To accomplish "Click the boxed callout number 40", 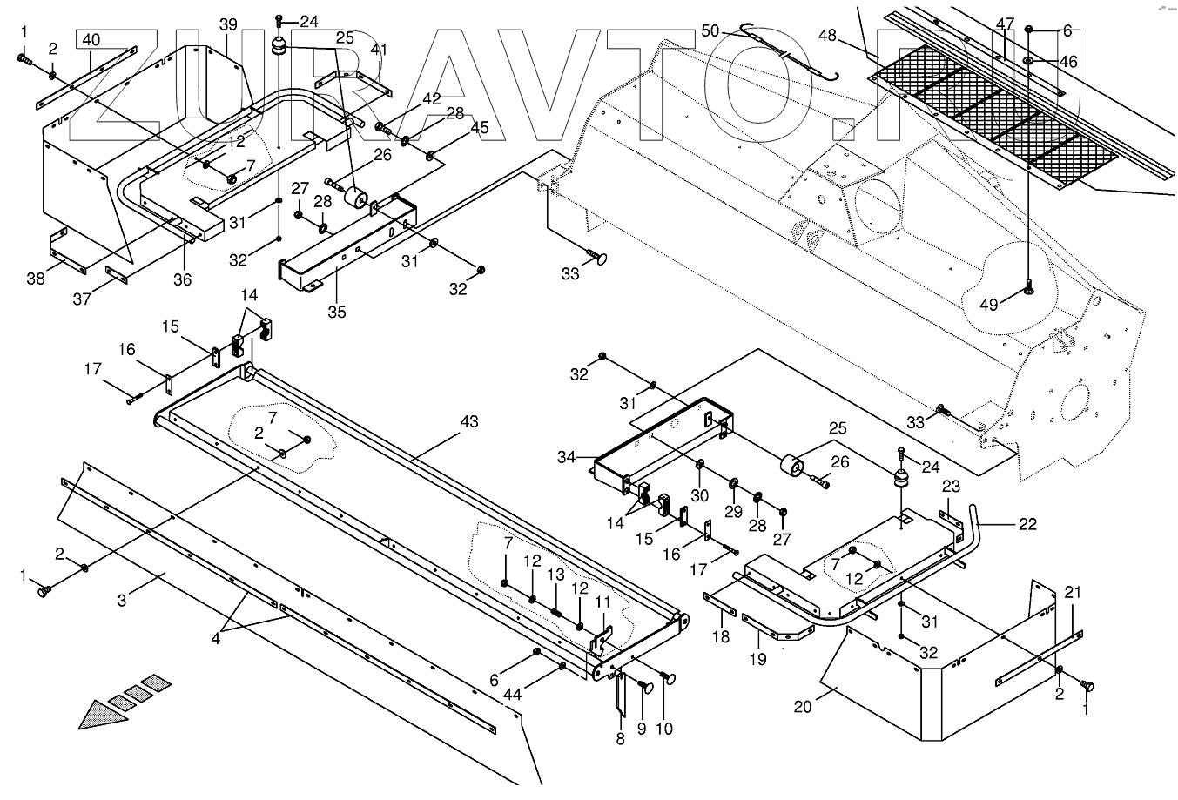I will (x=91, y=40).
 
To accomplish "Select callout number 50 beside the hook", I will (x=710, y=31).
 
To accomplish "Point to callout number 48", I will (x=827, y=36).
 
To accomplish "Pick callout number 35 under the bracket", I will (x=337, y=311).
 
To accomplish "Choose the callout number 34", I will (x=567, y=457).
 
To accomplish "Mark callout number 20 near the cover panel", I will (x=803, y=707).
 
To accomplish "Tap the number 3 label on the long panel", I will (x=123, y=600).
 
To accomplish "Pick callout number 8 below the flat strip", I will (x=620, y=738).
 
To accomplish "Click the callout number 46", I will (x=1068, y=62).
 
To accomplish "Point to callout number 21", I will (x=1074, y=593).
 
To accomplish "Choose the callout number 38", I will (x=35, y=279).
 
